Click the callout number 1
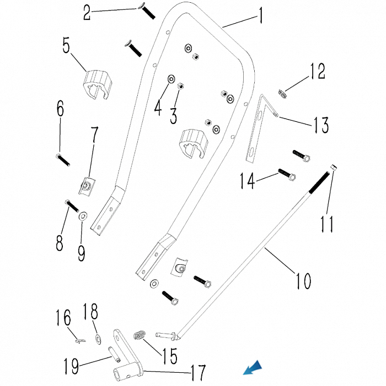pyautogui.click(x=260, y=15)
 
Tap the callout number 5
pyautogui.click(x=66, y=45)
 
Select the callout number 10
pyautogui.click(x=303, y=281)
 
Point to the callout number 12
pyautogui.click(x=318, y=71)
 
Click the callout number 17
pyautogui.click(x=198, y=372)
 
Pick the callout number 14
pyautogui.click(x=247, y=180)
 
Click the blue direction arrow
pyautogui.click(x=253, y=368)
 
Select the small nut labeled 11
pyautogui.click(x=334, y=167)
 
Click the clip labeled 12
pyautogui.click(x=282, y=94)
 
